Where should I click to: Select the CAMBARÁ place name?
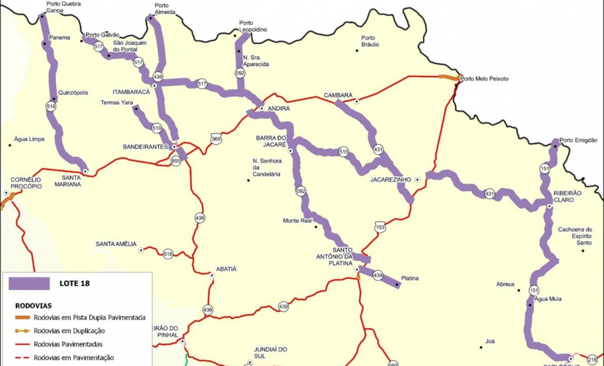tap(338, 95)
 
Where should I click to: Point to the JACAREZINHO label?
tap(391, 179)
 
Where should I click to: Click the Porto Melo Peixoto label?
tap(485, 78)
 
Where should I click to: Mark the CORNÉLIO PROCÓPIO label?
tap(26, 183)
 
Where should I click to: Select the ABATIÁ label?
tap(226, 269)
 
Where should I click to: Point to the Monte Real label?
tap(296, 220)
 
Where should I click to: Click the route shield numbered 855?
tap(176, 160)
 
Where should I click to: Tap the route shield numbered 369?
tap(216, 138)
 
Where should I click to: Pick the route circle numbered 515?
tap(343, 152)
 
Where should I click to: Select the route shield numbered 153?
tap(380, 226)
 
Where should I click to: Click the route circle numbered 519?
tap(156, 128)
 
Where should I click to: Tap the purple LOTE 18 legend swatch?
tap(30, 284)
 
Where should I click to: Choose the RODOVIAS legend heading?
tap(34, 305)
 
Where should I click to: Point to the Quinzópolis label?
tap(73, 92)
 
